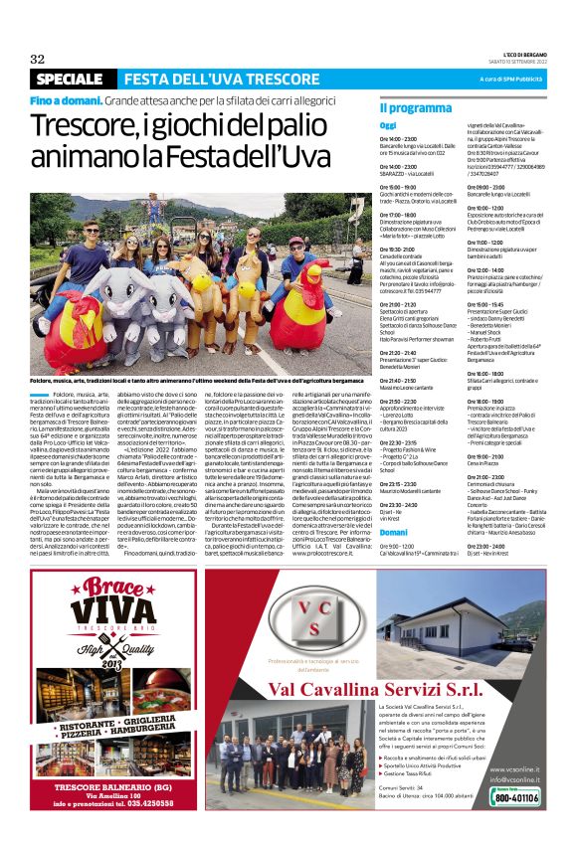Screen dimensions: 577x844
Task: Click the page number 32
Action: click(x=38, y=59)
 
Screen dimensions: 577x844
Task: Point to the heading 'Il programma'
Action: click(x=415, y=106)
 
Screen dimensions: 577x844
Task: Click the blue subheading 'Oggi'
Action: click(x=388, y=125)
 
